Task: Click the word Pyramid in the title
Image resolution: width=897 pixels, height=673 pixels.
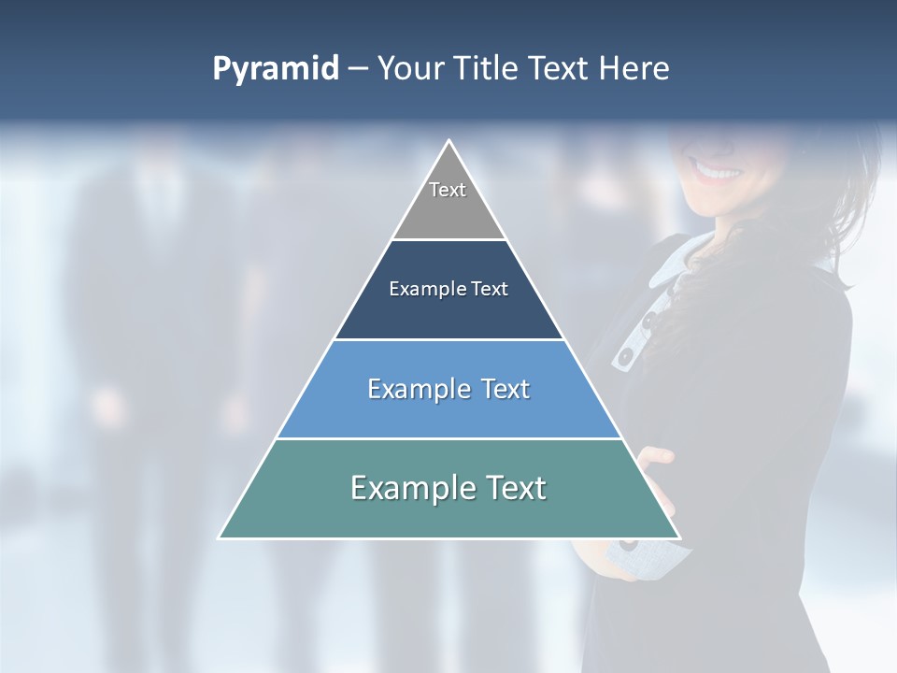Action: (275, 69)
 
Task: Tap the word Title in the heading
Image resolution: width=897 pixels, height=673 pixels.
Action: (490, 69)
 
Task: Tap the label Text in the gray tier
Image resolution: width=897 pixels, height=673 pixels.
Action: (448, 190)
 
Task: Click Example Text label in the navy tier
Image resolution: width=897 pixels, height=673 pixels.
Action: (448, 289)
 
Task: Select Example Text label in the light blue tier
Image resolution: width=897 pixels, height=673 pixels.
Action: (448, 389)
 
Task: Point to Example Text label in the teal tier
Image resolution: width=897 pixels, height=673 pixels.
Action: (448, 488)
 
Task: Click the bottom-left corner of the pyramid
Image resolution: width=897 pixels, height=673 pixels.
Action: (221, 537)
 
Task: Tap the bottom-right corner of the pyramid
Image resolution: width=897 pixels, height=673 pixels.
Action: (678, 537)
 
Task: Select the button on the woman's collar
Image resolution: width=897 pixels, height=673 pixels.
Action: (623, 357)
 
